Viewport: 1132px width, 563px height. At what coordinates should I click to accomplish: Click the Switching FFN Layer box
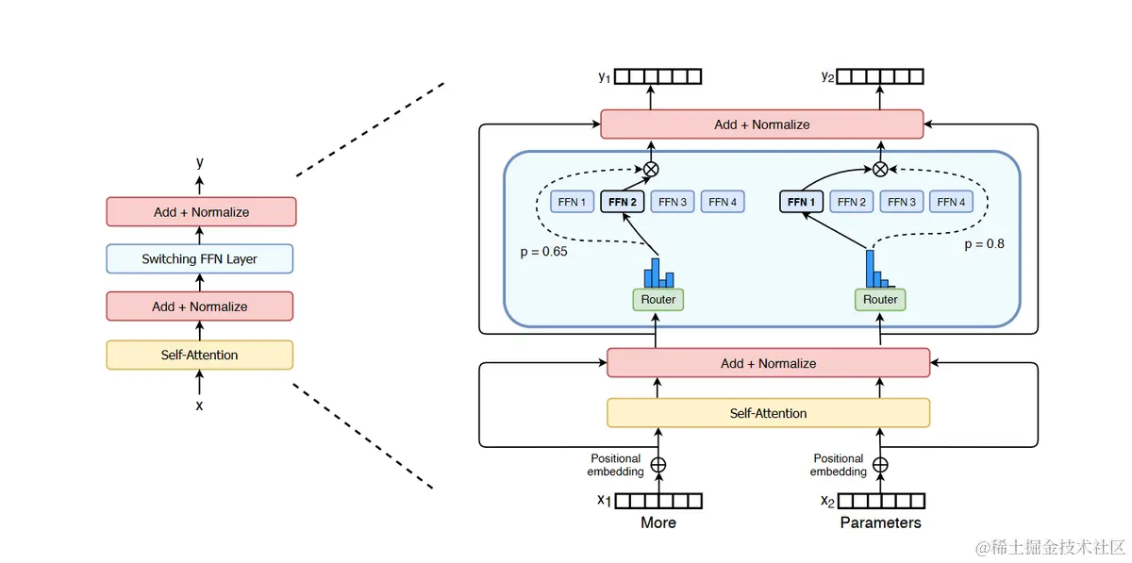[x=200, y=258]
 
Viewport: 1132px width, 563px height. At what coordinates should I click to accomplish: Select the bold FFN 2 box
[x=622, y=202]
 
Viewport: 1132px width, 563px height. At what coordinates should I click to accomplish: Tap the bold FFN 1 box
[x=801, y=202]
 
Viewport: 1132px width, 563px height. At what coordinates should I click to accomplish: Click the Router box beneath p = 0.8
[x=880, y=300]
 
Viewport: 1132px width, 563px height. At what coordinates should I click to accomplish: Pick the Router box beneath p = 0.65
[x=658, y=300]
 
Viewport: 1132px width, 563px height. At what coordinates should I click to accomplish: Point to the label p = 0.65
[x=543, y=252]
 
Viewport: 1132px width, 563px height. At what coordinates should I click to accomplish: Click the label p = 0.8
[x=984, y=244]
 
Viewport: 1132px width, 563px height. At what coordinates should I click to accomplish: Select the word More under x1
[x=658, y=522]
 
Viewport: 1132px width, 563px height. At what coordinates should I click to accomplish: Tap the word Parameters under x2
[x=880, y=522]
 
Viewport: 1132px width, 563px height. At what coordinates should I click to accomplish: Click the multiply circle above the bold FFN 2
[x=651, y=170]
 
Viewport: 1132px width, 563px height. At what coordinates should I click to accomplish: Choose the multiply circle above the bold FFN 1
[x=880, y=170]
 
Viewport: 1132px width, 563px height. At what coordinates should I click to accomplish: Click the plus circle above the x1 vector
[x=658, y=465]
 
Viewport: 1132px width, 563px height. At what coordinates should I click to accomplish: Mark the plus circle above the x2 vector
[x=880, y=465]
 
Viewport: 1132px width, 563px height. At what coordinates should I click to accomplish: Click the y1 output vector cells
[x=658, y=76]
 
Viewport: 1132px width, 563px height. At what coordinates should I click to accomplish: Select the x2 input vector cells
[x=881, y=501]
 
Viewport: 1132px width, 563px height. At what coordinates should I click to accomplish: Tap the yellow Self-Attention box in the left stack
[x=200, y=355]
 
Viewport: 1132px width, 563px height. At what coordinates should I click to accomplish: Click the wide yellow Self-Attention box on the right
[x=768, y=413]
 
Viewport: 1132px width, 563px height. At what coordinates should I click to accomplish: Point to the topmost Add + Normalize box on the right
[x=761, y=124]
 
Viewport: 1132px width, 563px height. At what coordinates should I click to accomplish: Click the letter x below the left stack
[x=200, y=406]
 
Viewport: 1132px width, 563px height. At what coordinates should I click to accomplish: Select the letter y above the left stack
[x=200, y=162]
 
